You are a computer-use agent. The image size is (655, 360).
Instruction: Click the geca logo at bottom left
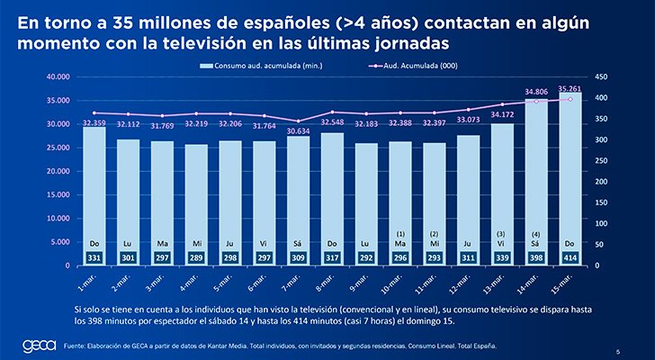click(x=38, y=346)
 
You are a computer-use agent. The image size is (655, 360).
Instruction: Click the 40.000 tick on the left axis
click(x=58, y=77)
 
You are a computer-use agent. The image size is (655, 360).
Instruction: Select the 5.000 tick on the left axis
click(x=59, y=242)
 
